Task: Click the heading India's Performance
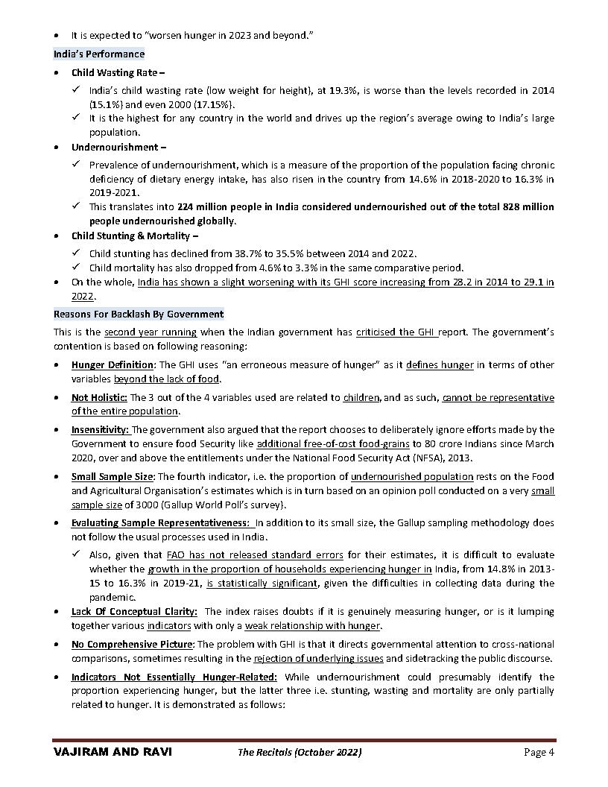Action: [99, 54]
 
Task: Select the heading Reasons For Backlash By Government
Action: [139, 314]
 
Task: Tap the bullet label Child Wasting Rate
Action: [115, 72]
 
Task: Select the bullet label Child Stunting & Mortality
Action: [131, 236]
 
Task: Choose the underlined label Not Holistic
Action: [99, 397]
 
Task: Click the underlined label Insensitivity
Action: [100, 429]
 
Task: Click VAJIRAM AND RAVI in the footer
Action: [113, 752]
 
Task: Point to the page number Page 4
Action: [539, 752]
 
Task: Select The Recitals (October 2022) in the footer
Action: [300, 752]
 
